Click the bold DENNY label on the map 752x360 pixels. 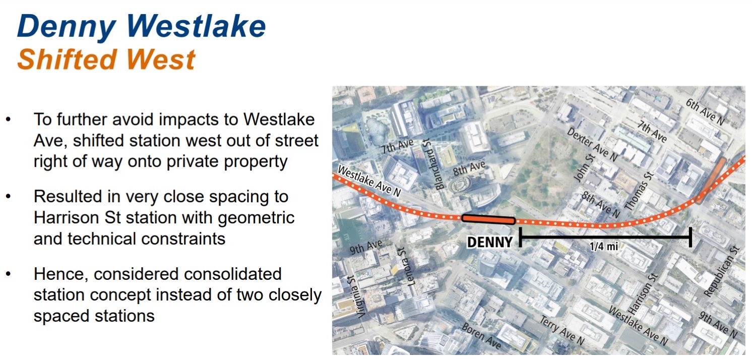490,242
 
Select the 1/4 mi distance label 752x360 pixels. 604,247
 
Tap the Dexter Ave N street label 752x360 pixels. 592,144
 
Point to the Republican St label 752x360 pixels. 722,271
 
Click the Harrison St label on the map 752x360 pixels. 642,294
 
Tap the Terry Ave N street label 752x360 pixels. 561,330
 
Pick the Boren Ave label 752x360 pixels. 481,336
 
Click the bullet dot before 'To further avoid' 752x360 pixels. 9,119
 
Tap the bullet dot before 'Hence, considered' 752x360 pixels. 9,274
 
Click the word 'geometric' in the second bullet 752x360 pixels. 256,218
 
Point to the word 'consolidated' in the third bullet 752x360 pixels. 187,274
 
